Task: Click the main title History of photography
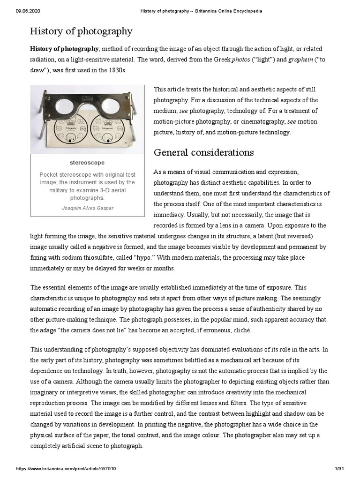pyautogui.click(x=81, y=31)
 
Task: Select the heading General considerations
pyautogui.click(x=204, y=152)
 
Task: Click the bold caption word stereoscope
pyautogui.click(x=88, y=163)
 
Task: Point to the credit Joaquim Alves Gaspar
pyautogui.click(x=88, y=208)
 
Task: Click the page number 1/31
pyautogui.click(x=340, y=469)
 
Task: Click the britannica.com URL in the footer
pyautogui.click(x=66, y=469)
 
